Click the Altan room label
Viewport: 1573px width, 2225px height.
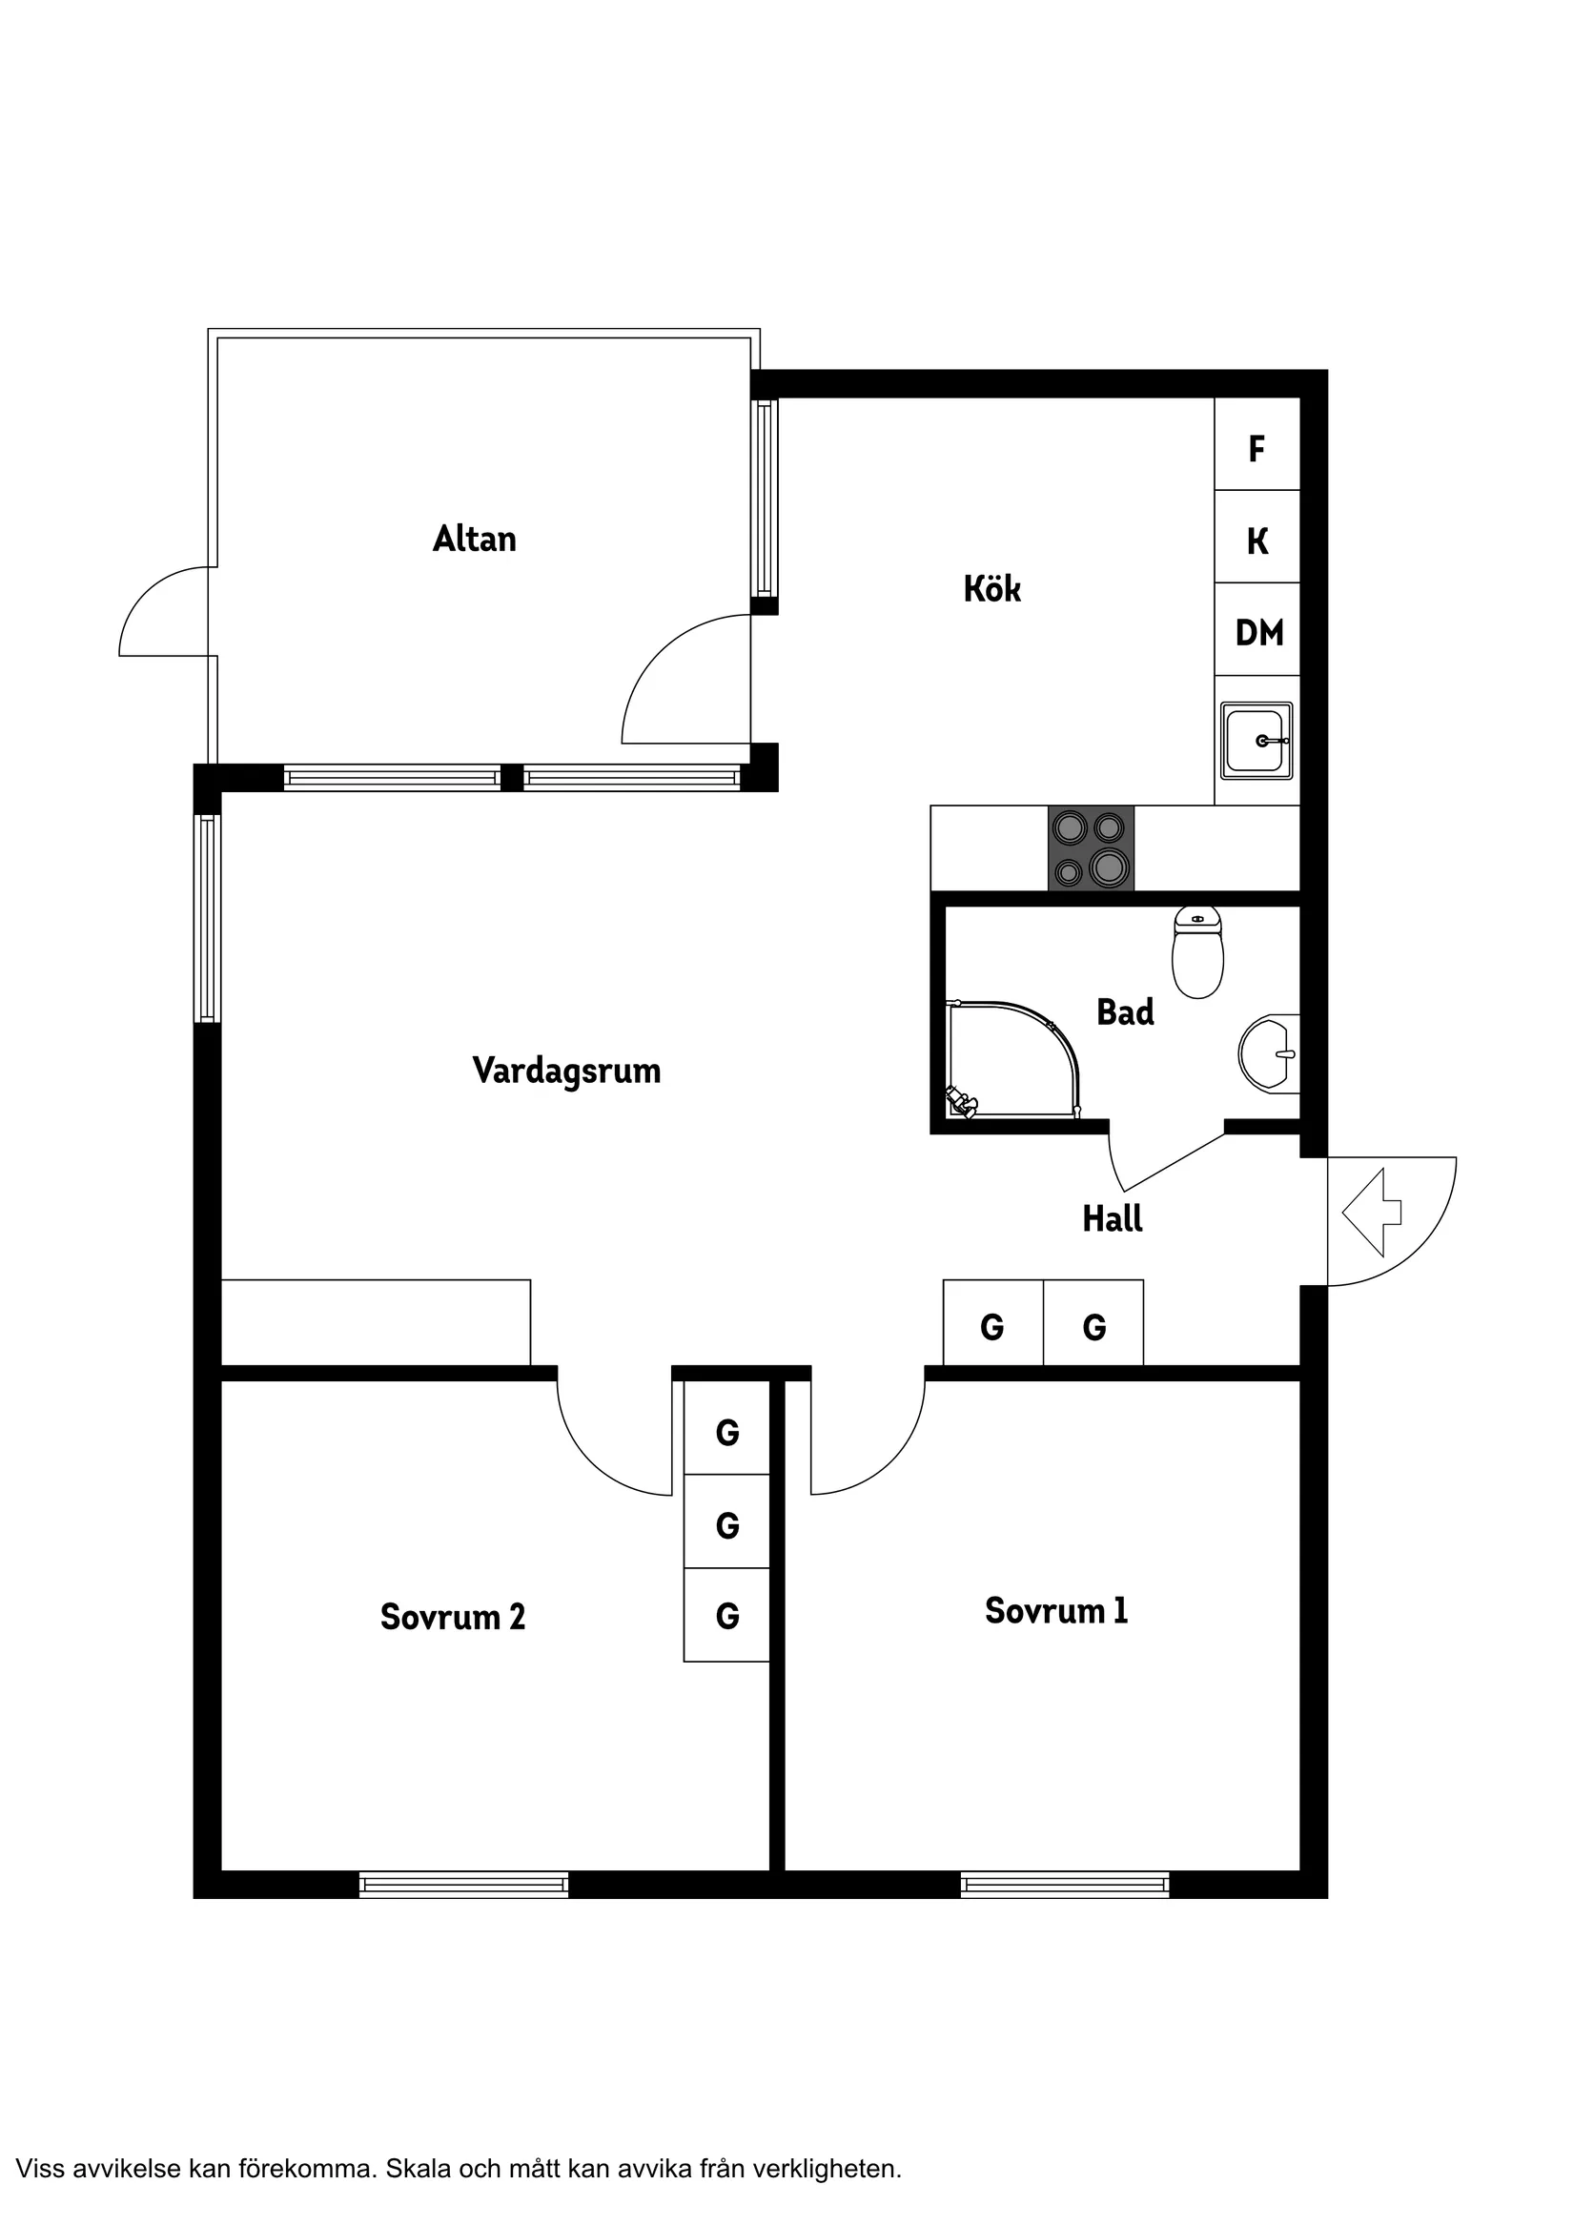pos(474,539)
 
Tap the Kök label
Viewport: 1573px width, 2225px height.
pos(991,588)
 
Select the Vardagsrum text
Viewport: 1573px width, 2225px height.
pos(567,1072)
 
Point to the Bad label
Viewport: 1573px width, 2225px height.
pos(1125,1011)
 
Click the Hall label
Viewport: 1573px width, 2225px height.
pos(1113,1218)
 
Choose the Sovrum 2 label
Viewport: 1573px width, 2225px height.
pos(453,1617)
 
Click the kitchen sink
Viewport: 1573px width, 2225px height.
pos(1257,741)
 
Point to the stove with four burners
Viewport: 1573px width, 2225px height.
pos(1091,847)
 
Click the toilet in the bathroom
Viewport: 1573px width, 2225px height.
pos(1198,951)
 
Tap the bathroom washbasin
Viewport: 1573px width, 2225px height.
pos(1269,1053)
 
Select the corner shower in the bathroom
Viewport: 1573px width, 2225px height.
pos(1011,1060)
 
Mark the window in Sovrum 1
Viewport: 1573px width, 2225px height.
pos(1064,1884)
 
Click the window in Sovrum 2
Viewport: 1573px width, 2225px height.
pos(463,1884)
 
